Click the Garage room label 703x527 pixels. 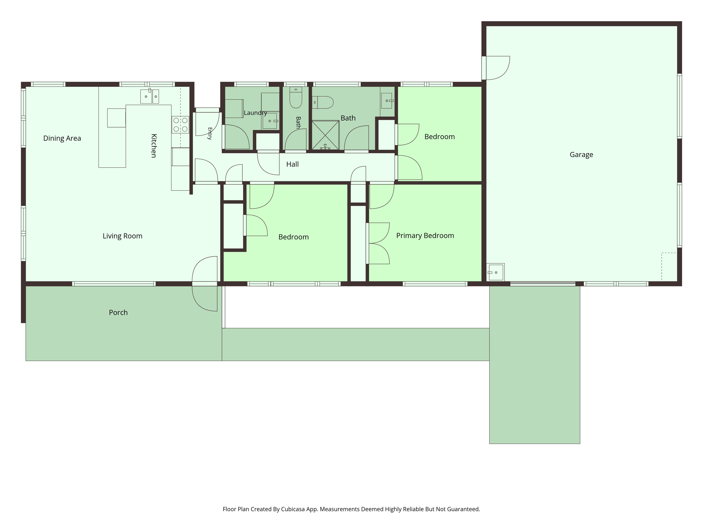(581, 155)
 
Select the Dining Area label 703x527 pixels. (62, 138)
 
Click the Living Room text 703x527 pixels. (122, 236)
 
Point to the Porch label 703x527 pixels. (118, 312)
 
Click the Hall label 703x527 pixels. (292, 164)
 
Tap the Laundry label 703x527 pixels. (255, 113)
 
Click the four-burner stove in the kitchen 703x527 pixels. (180, 125)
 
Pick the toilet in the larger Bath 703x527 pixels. (323, 102)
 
